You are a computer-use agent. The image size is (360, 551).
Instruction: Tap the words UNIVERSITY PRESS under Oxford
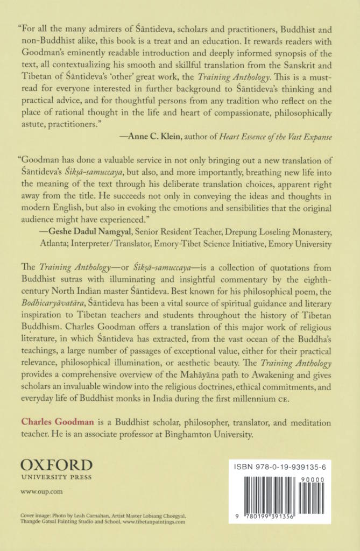tap(57, 477)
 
